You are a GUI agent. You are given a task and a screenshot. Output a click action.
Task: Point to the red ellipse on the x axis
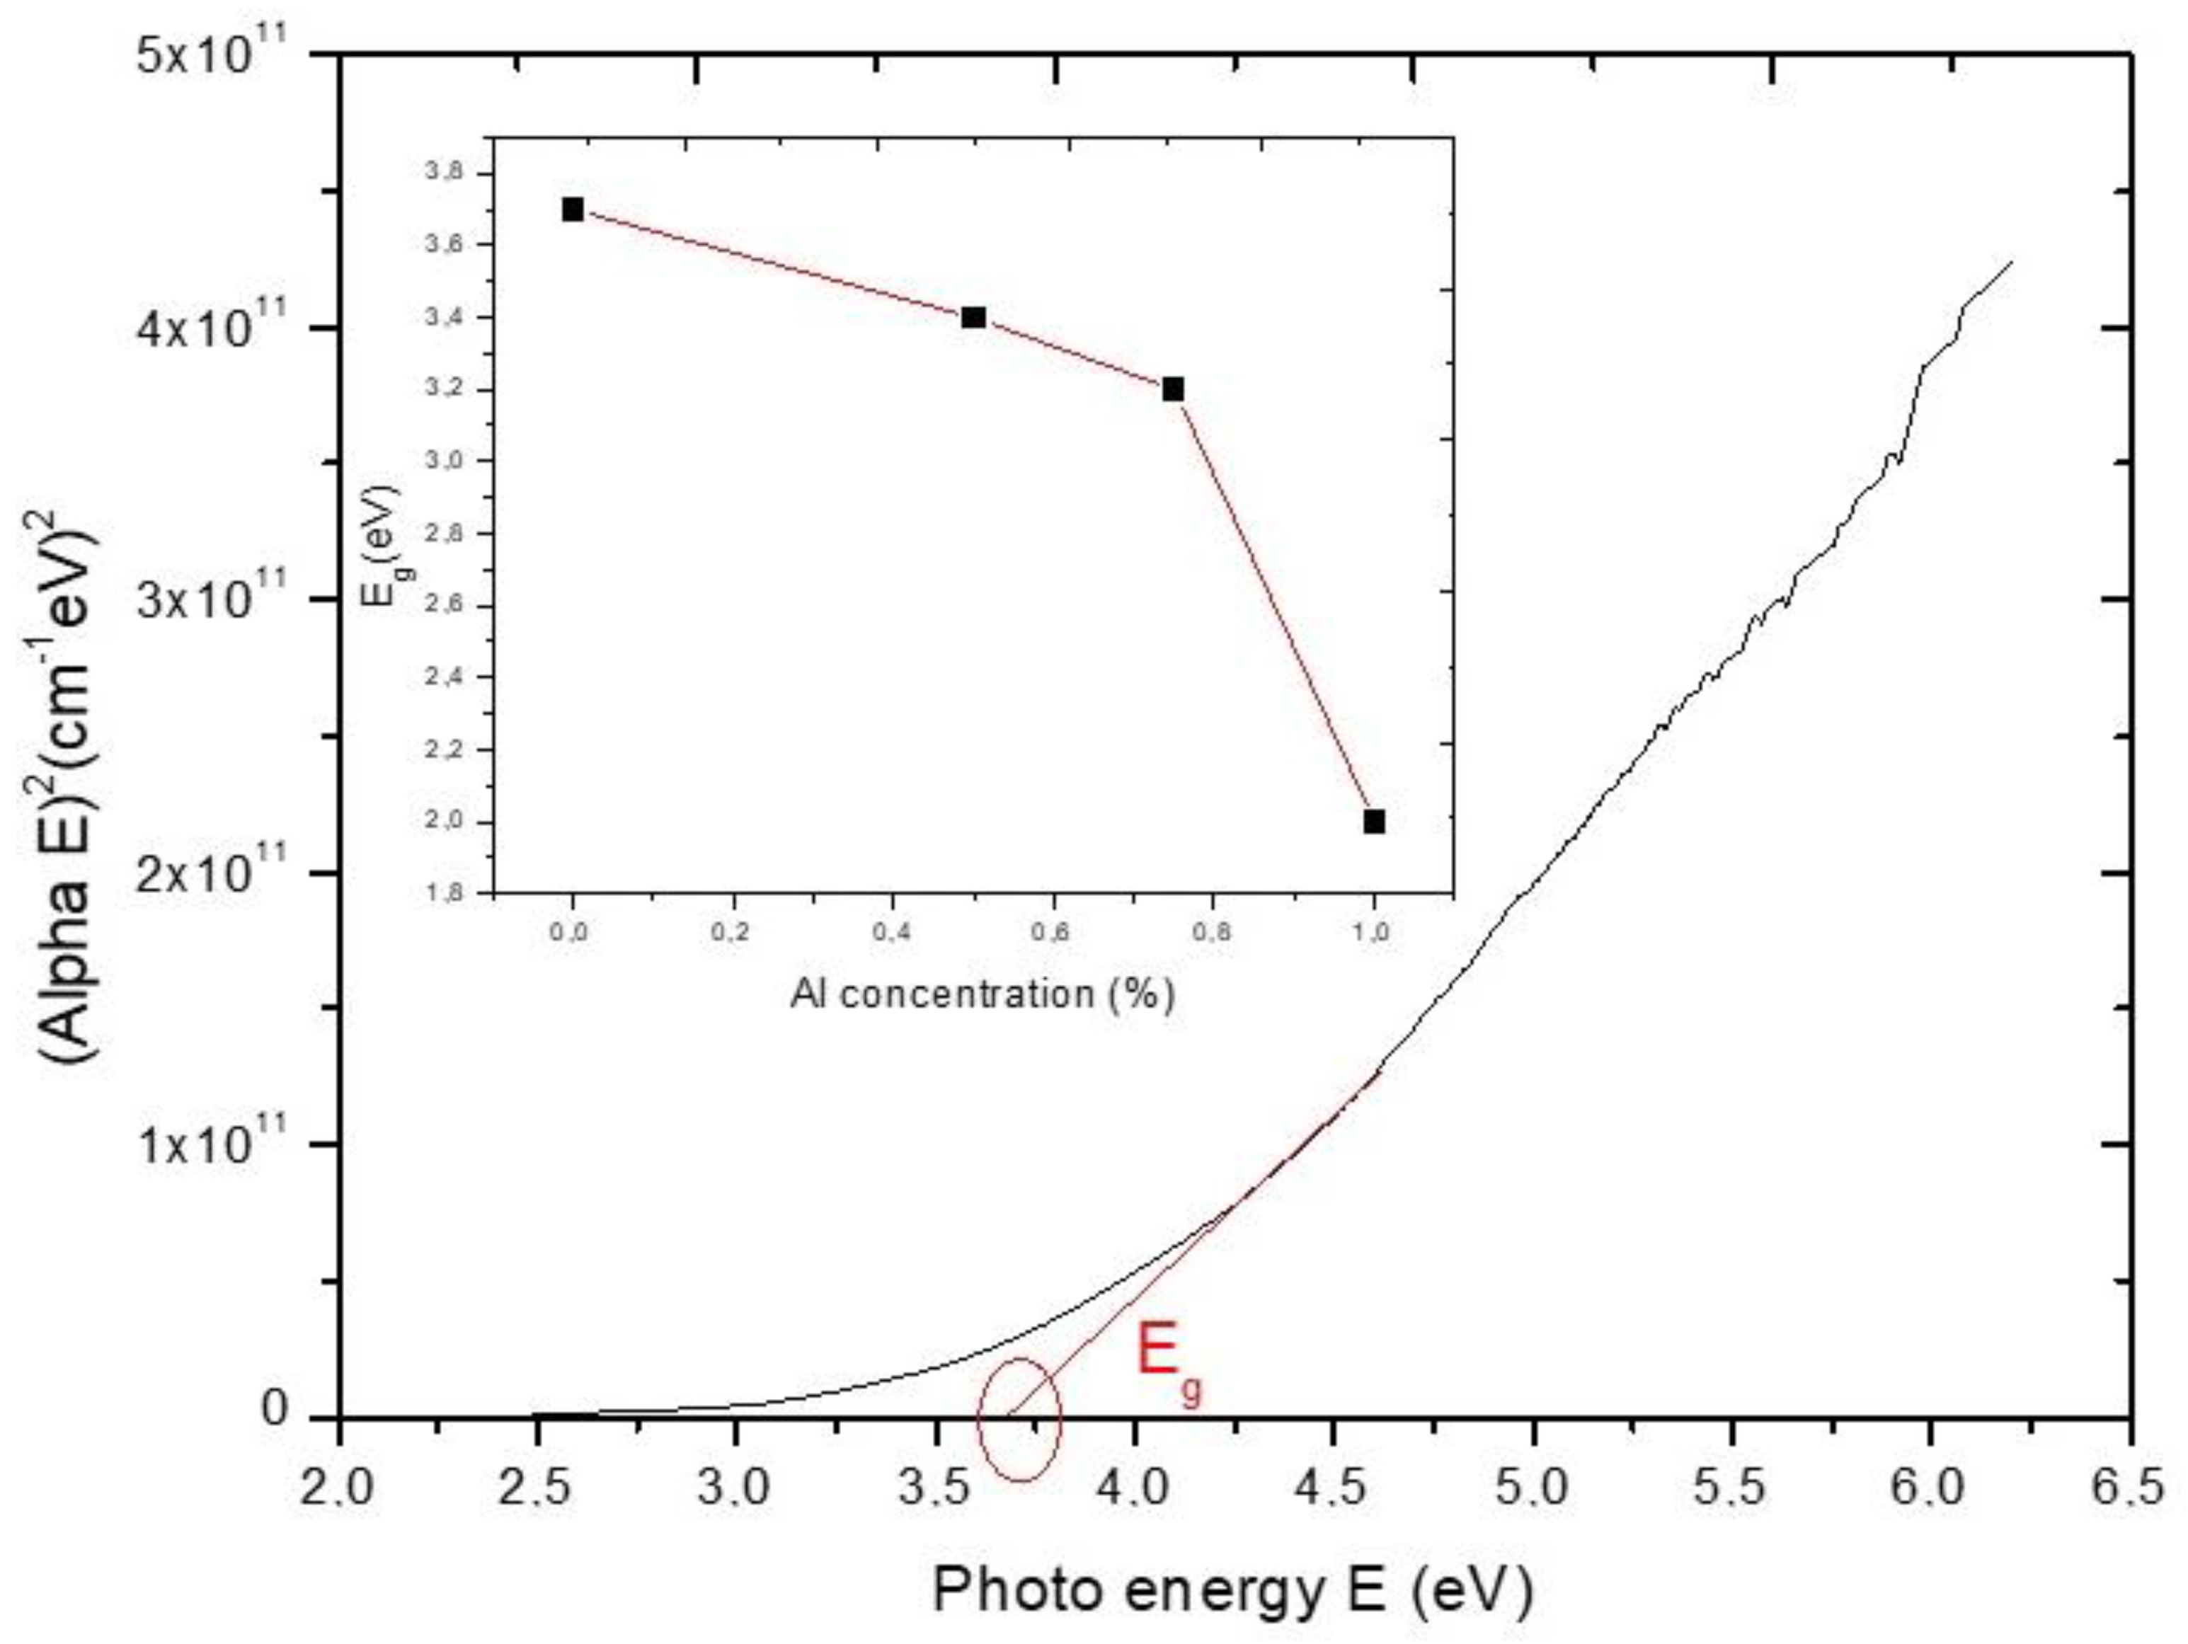(x=1020, y=1420)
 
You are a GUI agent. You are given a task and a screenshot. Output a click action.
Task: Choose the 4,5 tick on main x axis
(x=1335, y=1490)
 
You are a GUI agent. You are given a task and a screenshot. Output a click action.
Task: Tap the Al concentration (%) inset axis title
(x=983, y=993)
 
